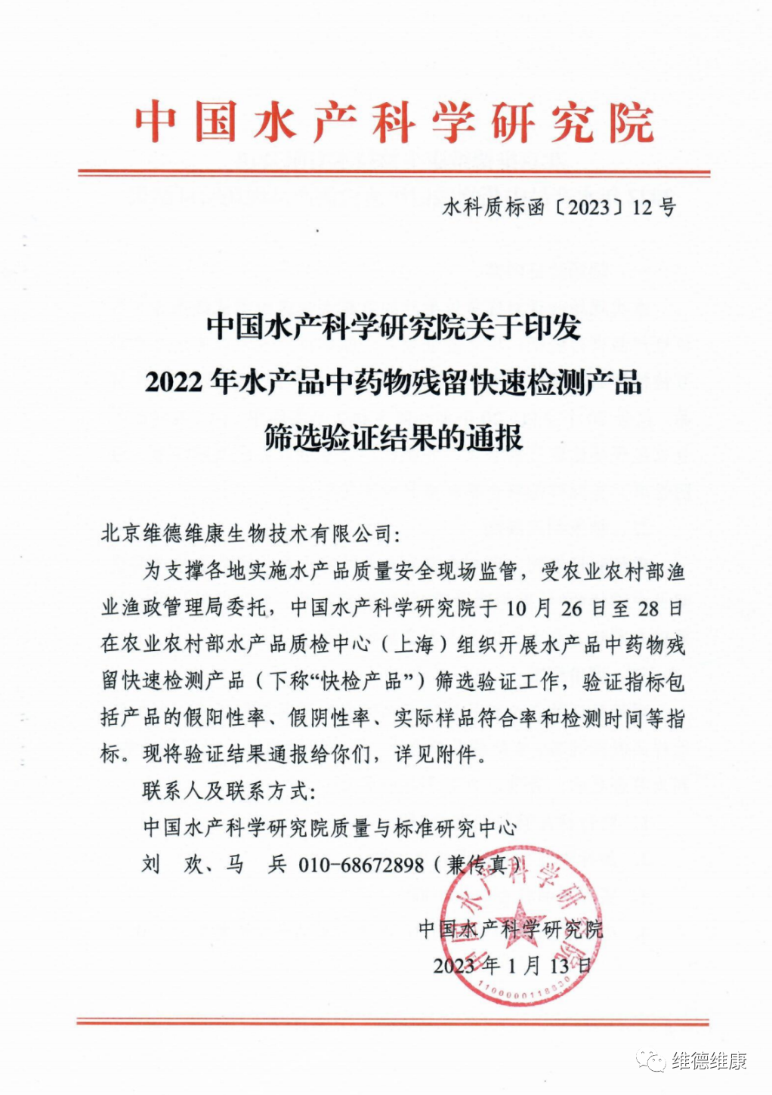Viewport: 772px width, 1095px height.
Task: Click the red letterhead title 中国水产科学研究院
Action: [x=394, y=123]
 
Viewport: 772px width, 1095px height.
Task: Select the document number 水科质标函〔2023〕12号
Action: [x=559, y=208]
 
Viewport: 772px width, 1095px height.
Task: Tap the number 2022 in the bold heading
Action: [x=174, y=383]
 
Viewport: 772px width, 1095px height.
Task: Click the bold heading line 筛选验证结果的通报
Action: [x=394, y=438]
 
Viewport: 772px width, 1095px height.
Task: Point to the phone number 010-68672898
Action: [x=362, y=865]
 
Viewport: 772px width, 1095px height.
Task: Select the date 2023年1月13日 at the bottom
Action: [x=512, y=966]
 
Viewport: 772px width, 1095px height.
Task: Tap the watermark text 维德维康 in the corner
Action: [x=709, y=1061]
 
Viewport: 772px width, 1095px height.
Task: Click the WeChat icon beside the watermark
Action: [x=650, y=1061]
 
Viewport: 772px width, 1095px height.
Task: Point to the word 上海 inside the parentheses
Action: [x=414, y=645]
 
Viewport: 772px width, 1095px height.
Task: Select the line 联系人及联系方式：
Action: [x=230, y=791]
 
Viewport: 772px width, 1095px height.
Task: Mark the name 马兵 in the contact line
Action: [x=256, y=865]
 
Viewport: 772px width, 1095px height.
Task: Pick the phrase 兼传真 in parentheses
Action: [x=476, y=865]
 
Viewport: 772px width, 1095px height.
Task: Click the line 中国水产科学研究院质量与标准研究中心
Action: [x=330, y=828]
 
